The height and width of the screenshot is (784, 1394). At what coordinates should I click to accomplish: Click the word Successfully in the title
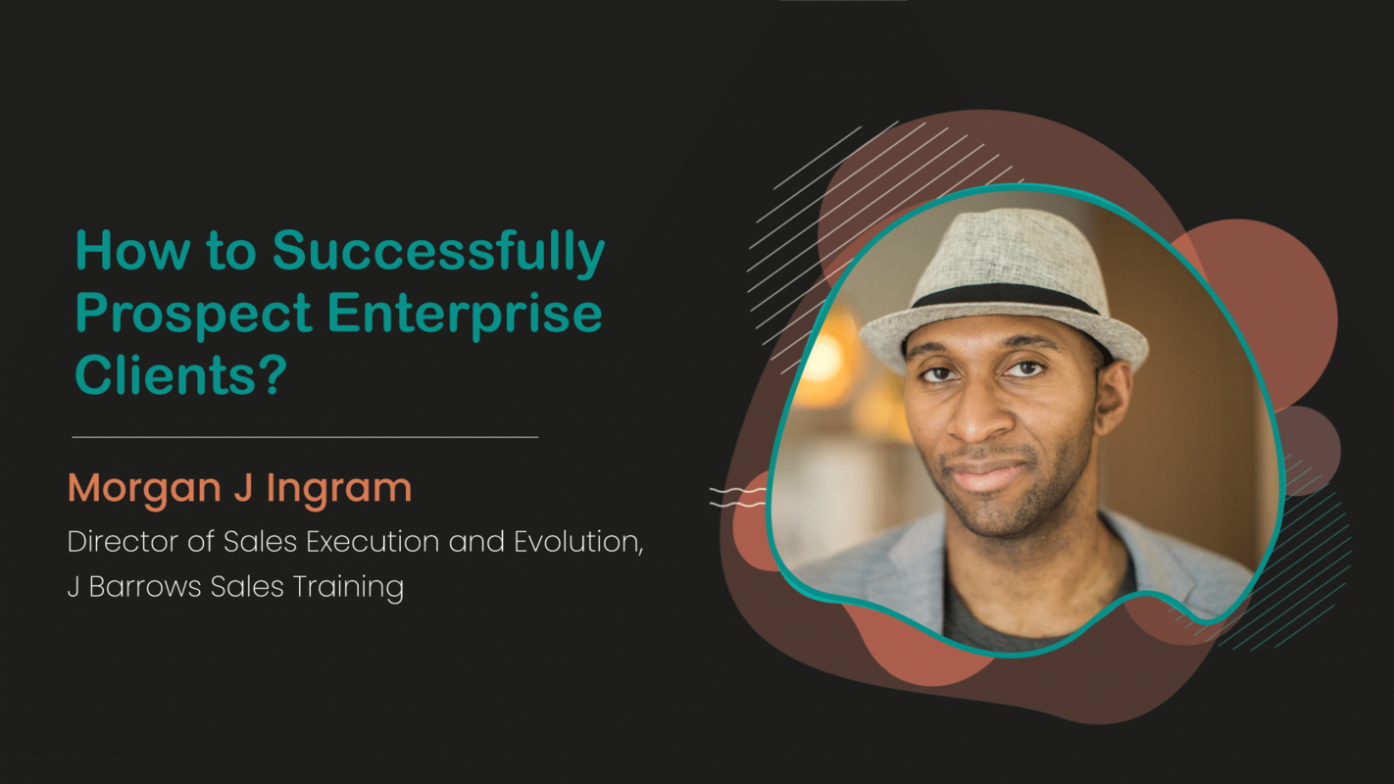click(438, 252)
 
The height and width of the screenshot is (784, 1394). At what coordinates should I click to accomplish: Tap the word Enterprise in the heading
click(465, 315)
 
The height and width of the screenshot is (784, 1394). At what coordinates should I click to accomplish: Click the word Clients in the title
click(166, 374)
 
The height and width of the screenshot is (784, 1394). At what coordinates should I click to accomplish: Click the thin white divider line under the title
click(305, 437)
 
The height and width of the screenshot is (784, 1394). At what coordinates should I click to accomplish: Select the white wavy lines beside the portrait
click(737, 497)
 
